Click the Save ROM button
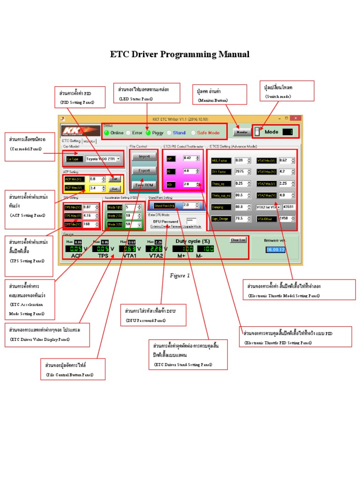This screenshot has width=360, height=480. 144,185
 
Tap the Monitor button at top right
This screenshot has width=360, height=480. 242,132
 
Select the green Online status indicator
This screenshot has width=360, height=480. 106,133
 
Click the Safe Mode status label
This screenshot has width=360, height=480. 208,133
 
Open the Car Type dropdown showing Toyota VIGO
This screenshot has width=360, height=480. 103,159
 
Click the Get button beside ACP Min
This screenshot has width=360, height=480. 114,179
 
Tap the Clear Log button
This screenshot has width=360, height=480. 238,240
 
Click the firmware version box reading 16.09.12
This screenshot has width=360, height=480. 275,250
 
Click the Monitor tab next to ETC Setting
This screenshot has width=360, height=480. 90,141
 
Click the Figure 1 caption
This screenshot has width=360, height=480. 180,276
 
